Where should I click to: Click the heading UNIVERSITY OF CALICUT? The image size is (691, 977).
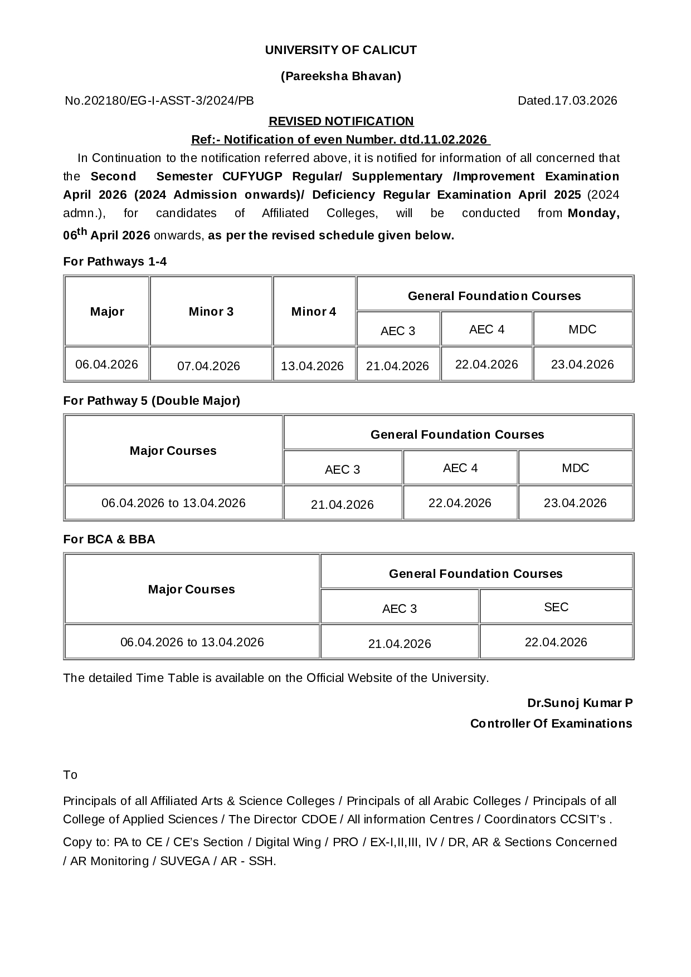[x=340, y=50]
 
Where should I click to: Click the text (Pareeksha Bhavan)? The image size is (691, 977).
[x=340, y=76]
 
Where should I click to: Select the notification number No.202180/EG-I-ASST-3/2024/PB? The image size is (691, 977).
[x=159, y=101]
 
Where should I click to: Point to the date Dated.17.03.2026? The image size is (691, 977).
[x=567, y=101]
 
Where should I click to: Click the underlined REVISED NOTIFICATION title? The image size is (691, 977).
[x=341, y=121]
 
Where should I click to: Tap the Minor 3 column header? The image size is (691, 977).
[x=211, y=312]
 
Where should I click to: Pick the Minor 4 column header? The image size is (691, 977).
[x=314, y=312]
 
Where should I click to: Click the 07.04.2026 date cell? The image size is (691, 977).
[x=208, y=366]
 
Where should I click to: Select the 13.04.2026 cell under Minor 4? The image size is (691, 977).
[x=312, y=366]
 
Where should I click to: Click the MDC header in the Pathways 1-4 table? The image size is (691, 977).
[x=582, y=329]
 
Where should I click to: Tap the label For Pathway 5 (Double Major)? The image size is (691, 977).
[x=152, y=401]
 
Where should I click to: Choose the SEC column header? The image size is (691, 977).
[x=556, y=607]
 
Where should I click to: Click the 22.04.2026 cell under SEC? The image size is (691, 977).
[x=556, y=642]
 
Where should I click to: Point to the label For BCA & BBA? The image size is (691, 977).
[x=109, y=539]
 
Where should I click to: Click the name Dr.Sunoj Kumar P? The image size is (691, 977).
[x=580, y=703]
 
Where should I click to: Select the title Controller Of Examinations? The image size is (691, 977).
[x=551, y=723]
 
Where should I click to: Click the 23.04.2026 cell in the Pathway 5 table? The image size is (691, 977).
[x=575, y=503]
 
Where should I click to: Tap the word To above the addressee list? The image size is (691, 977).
[x=70, y=775]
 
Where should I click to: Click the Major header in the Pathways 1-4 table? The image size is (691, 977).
[x=107, y=312]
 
